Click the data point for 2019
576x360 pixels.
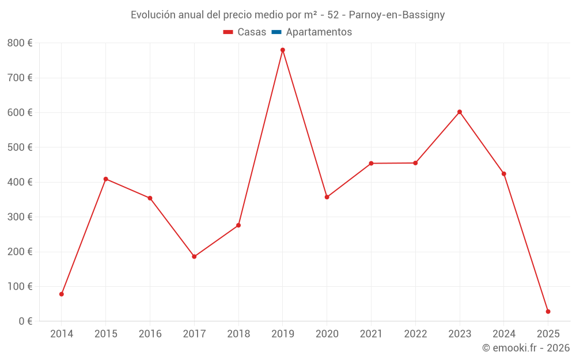[x=283, y=50]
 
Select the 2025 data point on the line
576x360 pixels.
[x=548, y=312]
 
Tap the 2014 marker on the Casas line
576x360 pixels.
[x=62, y=294]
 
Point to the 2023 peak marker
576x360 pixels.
[x=460, y=112]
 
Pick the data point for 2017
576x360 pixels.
[x=194, y=257]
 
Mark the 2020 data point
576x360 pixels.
[x=327, y=197]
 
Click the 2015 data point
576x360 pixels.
[x=106, y=179]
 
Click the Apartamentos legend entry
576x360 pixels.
[x=319, y=32]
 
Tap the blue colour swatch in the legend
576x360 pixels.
[x=276, y=32]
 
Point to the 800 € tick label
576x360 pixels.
[x=20, y=43]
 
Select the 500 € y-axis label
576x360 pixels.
[x=20, y=147]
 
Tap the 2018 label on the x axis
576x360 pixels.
[x=238, y=334]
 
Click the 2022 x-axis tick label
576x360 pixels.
[x=415, y=334]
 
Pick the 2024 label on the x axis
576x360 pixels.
[x=504, y=334]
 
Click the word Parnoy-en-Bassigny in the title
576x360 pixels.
[x=397, y=15]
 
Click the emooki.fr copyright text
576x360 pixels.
[x=526, y=348]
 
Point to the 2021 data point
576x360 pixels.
[x=371, y=164]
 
